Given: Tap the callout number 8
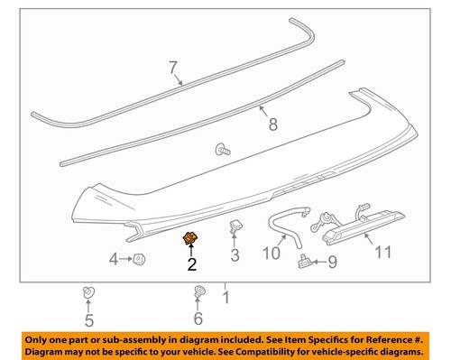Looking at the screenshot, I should [272, 125].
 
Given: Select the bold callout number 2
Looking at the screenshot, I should [190, 264].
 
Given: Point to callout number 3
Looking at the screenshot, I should [235, 256].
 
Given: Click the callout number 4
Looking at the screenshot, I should [115, 260].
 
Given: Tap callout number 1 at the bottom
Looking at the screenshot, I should [225, 296].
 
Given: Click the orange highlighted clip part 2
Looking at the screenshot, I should [190, 238].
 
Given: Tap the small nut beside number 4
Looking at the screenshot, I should [140, 260].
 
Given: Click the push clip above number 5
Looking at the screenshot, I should [87, 291].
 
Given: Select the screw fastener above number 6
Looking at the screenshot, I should [198, 292].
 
